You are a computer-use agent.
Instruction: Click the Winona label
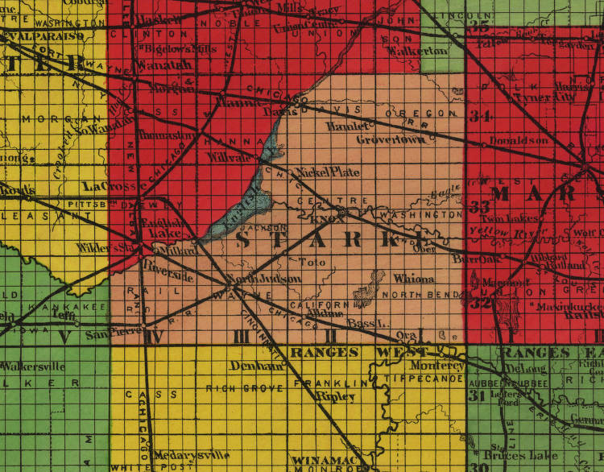pyautogui.click(x=414, y=279)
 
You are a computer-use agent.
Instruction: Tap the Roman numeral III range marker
pyautogui.click(x=240, y=336)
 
